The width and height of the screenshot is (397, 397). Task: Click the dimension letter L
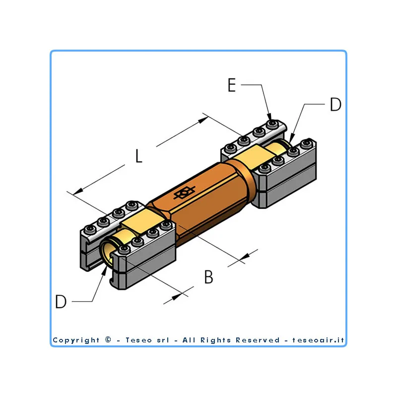139,156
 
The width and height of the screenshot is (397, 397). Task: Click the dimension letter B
208,277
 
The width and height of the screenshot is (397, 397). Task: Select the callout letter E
232,85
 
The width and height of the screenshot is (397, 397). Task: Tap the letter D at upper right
336,104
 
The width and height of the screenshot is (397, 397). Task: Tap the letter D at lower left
61,301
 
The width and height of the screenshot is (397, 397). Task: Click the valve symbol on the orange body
184,193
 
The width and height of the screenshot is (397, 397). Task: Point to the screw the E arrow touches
272,124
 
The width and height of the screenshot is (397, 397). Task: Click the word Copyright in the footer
76,340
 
